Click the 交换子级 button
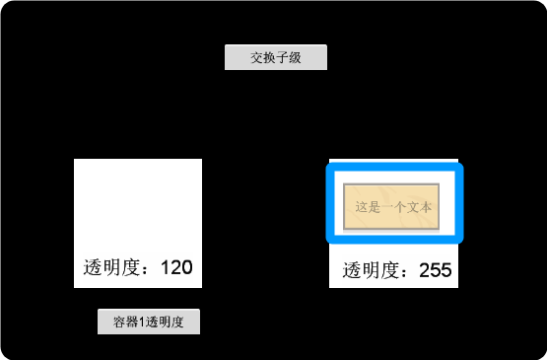click(x=275, y=57)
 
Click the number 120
click(x=175, y=267)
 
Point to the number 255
click(x=435, y=270)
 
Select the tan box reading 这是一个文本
click(x=390, y=207)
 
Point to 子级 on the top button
click(x=288, y=57)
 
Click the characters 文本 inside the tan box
click(x=419, y=207)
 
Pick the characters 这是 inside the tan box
click(x=367, y=207)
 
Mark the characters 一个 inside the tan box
click(x=393, y=207)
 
